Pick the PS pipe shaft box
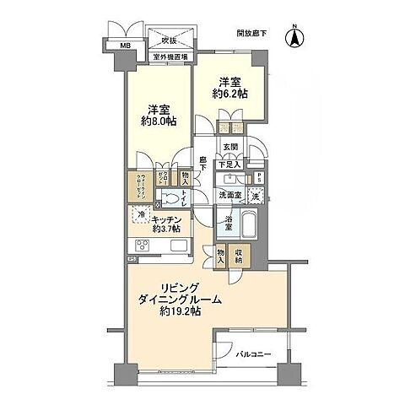click(259, 179)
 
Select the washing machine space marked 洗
click(256, 197)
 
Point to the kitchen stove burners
click(141, 246)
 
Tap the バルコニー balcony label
click(252, 354)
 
